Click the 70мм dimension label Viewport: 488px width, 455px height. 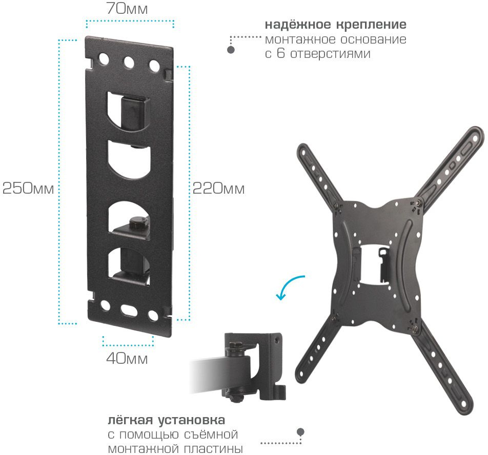127,8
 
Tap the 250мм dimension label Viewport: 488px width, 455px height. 28,188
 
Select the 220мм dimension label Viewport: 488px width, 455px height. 218,188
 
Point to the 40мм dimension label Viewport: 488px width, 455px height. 127,359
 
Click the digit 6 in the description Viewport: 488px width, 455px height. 281,53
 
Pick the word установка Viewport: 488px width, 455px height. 191,420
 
